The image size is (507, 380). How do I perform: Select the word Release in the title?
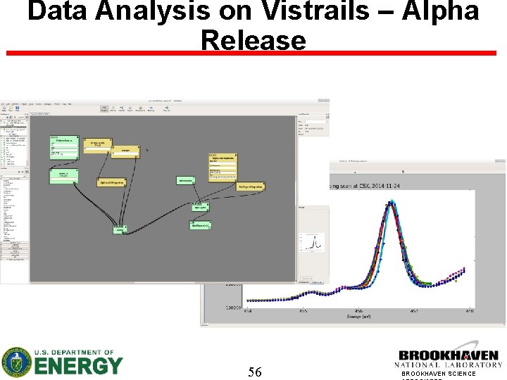254,41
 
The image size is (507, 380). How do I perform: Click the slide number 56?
255,372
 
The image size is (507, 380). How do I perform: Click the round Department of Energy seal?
15,362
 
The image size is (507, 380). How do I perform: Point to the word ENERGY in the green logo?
79,366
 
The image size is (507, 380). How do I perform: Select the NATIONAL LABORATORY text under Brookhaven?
448,365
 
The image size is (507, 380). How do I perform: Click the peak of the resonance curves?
390,204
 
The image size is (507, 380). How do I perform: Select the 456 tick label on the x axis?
358,310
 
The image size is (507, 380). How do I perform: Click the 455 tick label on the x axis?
303,310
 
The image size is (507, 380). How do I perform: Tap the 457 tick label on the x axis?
414,310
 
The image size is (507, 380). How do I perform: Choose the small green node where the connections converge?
120,229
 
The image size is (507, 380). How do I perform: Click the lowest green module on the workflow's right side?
200,225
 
